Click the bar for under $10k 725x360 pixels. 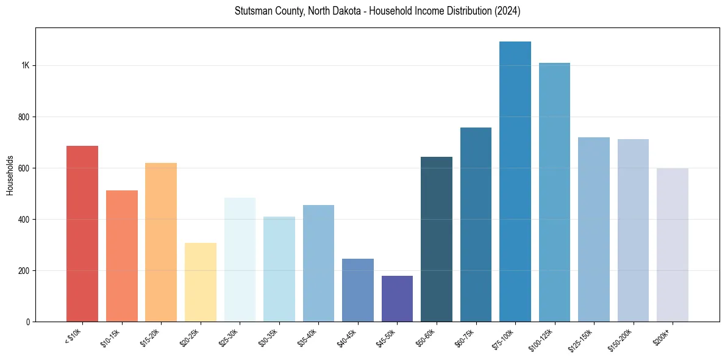click(x=82, y=234)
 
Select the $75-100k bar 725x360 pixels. click(x=515, y=182)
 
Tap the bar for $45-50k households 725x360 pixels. click(x=397, y=298)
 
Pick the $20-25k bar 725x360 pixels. click(x=201, y=282)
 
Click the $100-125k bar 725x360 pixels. click(x=554, y=192)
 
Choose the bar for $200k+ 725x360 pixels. click(x=673, y=245)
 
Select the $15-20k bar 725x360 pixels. click(x=161, y=242)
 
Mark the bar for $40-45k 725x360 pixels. click(x=358, y=290)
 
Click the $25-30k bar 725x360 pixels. click(x=240, y=259)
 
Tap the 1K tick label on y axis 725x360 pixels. click(x=25, y=66)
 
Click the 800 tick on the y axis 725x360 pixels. click(x=24, y=117)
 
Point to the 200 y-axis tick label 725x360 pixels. click(x=24, y=271)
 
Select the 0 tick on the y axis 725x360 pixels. click(x=28, y=322)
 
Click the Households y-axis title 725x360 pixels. click(x=10, y=175)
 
